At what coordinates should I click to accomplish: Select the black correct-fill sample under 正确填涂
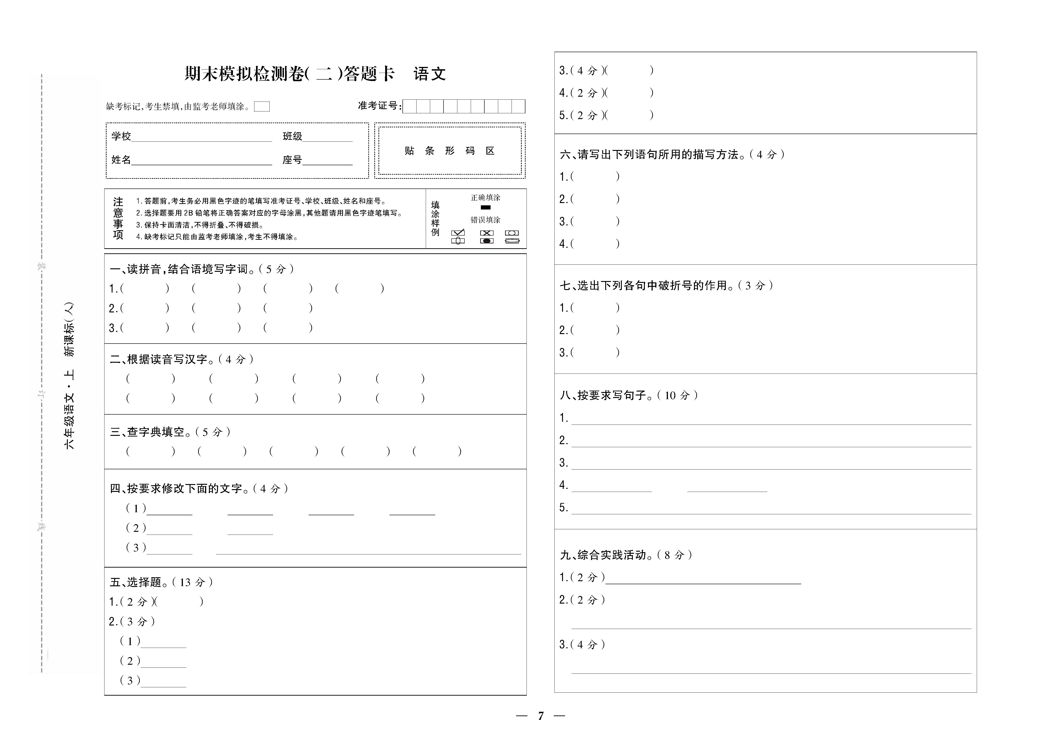pos(485,207)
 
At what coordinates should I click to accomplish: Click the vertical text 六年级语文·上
pos(69,410)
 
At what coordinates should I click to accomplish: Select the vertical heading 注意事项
pos(118,218)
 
